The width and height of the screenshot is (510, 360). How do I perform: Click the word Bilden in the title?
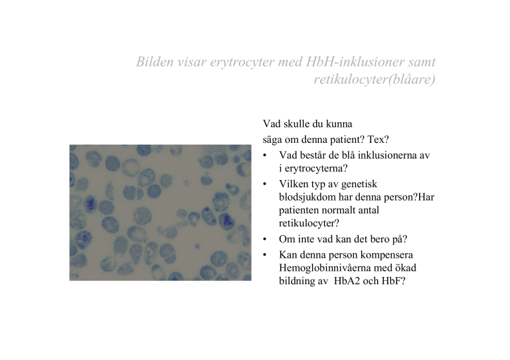pyautogui.click(x=155, y=62)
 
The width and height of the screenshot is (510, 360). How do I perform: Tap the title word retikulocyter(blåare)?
pyautogui.click(x=375, y=79)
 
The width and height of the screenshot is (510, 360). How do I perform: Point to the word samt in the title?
pyautogui.click(x=422, y=62)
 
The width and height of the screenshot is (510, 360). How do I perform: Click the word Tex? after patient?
pyautogui.click(x=378, y=139)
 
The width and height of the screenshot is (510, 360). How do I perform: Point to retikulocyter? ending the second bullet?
pyautogui.click(x=309, y=223)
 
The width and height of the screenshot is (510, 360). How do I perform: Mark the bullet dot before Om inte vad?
pyautogui.click(x=265, y=239)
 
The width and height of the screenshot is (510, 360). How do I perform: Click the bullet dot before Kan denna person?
pyautogui.click(x=265, y=255)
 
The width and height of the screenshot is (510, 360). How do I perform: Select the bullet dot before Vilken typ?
pyautogui.click(x=265, y=185)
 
